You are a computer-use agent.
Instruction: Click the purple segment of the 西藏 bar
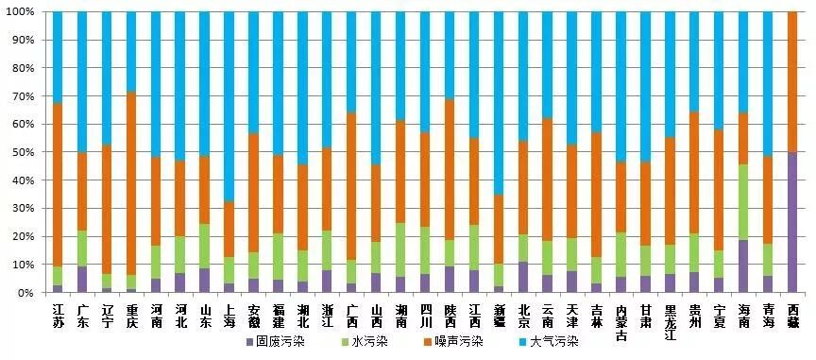(x=792, y=222)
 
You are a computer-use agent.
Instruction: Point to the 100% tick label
(x=21, y=12)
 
